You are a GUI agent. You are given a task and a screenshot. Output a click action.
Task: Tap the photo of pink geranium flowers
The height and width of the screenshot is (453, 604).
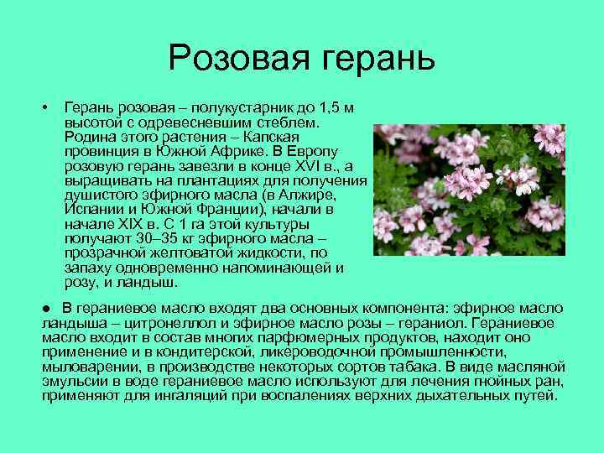(469, 190)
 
